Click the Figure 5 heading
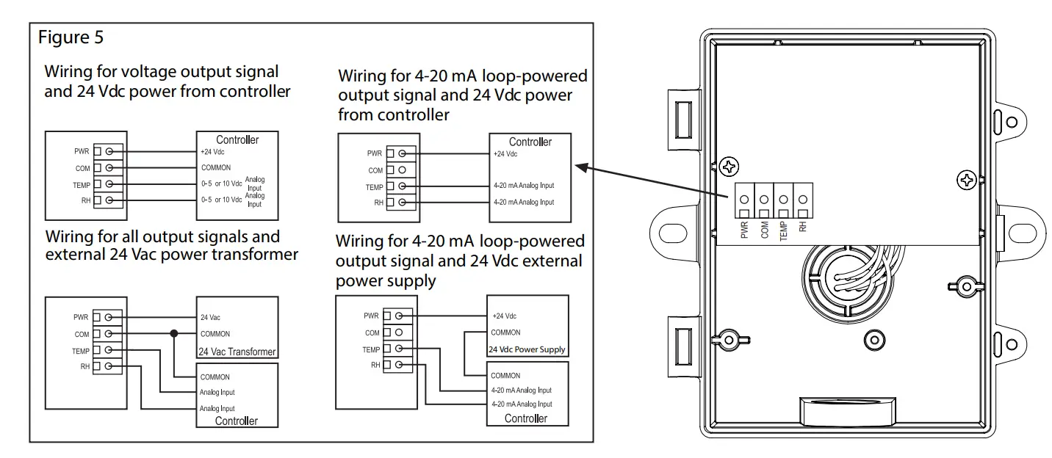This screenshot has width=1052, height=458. point(71,37)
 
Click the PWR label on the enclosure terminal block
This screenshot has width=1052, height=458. point(744,230)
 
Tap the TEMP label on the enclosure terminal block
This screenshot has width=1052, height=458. point(783,230)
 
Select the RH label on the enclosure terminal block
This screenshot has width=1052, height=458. point(803,228)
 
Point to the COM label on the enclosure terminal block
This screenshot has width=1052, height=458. point(764,230)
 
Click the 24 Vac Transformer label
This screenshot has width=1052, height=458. point(237,352)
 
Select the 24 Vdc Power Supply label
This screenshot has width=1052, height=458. point(527,349)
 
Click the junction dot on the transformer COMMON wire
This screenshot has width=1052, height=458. point(174,334)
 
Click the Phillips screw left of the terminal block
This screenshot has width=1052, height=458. point(729,166)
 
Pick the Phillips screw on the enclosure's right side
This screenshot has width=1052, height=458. point(968,179)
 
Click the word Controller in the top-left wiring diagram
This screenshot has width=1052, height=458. point(237,139)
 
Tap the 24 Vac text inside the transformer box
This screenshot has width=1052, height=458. point(211,318)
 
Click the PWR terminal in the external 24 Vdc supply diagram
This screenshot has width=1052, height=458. point(399,316)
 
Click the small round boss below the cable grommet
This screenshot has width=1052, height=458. point(873,338)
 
